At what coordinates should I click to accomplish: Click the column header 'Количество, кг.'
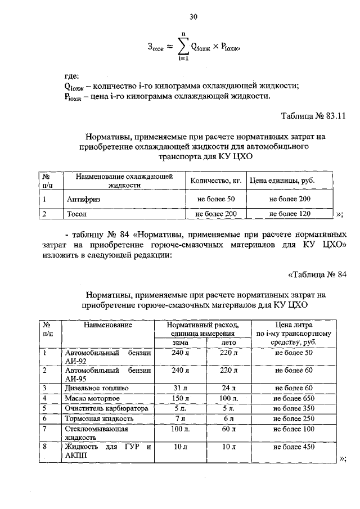coord(215,181)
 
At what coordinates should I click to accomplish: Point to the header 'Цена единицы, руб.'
coord(282,181)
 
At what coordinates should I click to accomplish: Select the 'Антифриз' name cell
coord(83,199)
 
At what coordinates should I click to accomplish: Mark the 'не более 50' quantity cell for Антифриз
coord(215,199)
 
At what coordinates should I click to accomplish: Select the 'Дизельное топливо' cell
coord(97,388)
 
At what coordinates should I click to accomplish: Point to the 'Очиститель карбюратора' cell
coord(106,409)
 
